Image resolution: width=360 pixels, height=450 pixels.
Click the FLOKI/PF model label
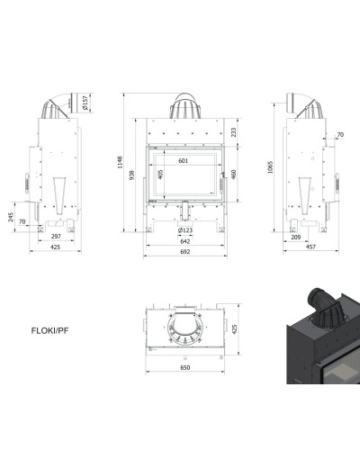point(49,330)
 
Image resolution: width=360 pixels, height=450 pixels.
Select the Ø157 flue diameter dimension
point(85,103)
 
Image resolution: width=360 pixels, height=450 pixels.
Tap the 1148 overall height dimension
point(120,162)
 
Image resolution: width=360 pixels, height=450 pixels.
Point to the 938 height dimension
point(131,175)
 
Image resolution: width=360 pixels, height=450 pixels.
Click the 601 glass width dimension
point(184,161)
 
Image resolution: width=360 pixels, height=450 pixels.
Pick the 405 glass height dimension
point(160,175)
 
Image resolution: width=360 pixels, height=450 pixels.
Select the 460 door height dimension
point(234,175)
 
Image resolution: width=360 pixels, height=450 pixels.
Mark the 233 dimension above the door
point(234,132)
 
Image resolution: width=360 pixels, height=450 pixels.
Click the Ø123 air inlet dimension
point(185,230)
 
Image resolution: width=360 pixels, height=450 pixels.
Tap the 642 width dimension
point(185,241)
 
